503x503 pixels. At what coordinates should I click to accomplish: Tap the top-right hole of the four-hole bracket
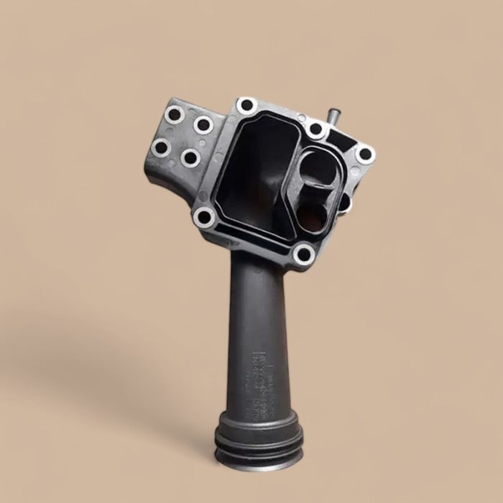[203, 124]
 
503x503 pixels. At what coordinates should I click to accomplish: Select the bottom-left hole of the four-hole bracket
[161, 148]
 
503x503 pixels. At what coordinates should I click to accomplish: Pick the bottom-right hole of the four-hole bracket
[190, 157]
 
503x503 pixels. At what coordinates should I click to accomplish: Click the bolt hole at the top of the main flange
[246, 105]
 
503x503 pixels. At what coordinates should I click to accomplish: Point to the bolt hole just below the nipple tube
[316, 129]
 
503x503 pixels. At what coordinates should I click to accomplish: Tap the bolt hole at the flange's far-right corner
[364, 153]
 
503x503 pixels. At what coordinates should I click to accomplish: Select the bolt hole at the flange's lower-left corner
[205, 216]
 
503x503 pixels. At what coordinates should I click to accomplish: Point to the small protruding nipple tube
[333, 116]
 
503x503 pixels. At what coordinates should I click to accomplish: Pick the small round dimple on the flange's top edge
[301, 119]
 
